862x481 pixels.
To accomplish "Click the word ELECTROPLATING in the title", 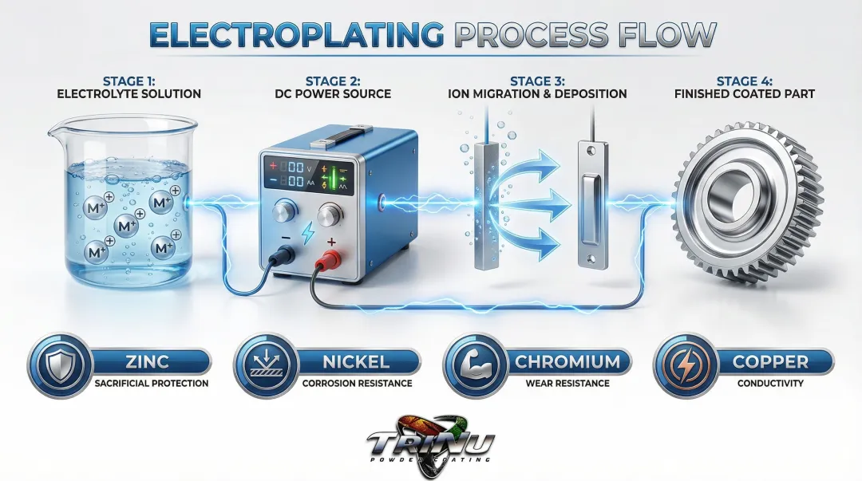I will pos(296,35).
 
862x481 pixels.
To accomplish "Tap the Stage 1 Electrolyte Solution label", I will pos(129,87).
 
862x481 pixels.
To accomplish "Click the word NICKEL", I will pos(357,361).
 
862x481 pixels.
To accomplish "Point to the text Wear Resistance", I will pos(567,384).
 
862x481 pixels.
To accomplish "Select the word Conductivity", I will pos(769,384).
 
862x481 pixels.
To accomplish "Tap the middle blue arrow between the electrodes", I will pos(543,206).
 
